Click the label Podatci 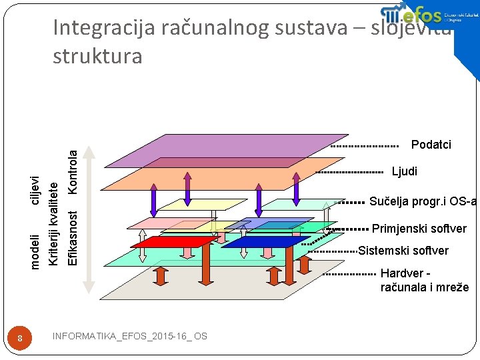(431, 145)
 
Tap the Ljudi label (405, 171)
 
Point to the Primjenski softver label (419, 229)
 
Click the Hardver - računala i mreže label (424, 280)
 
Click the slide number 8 (21, 339)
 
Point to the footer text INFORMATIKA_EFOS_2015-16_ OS (129, 336)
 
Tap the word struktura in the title (97, 56)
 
